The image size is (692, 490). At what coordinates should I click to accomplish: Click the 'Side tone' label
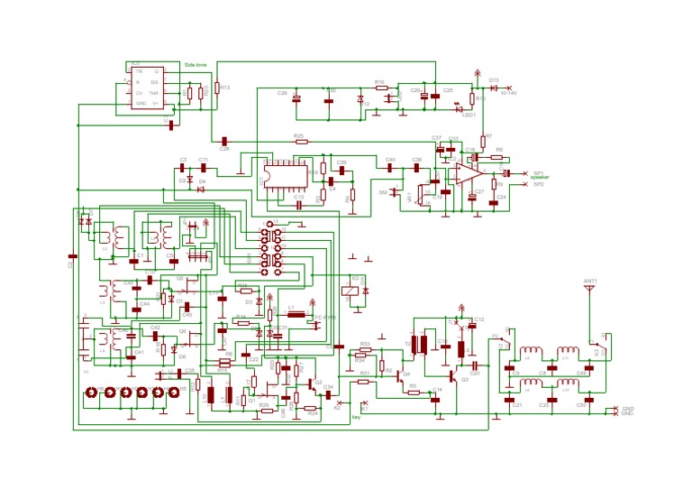click(196, 65)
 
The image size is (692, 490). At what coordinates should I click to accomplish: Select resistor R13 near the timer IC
click(217, 88)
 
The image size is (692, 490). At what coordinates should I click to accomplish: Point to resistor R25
click(301, 141)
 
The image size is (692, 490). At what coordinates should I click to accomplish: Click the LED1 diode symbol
click(460, 108)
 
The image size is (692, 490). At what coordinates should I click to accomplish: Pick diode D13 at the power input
click(494, 87)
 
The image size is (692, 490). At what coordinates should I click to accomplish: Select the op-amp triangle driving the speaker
click(468, 171)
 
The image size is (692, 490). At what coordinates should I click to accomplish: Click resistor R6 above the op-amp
click(496, 157)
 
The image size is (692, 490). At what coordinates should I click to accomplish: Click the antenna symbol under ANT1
click(589, 291)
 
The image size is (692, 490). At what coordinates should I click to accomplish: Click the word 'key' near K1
click(356, 417)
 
